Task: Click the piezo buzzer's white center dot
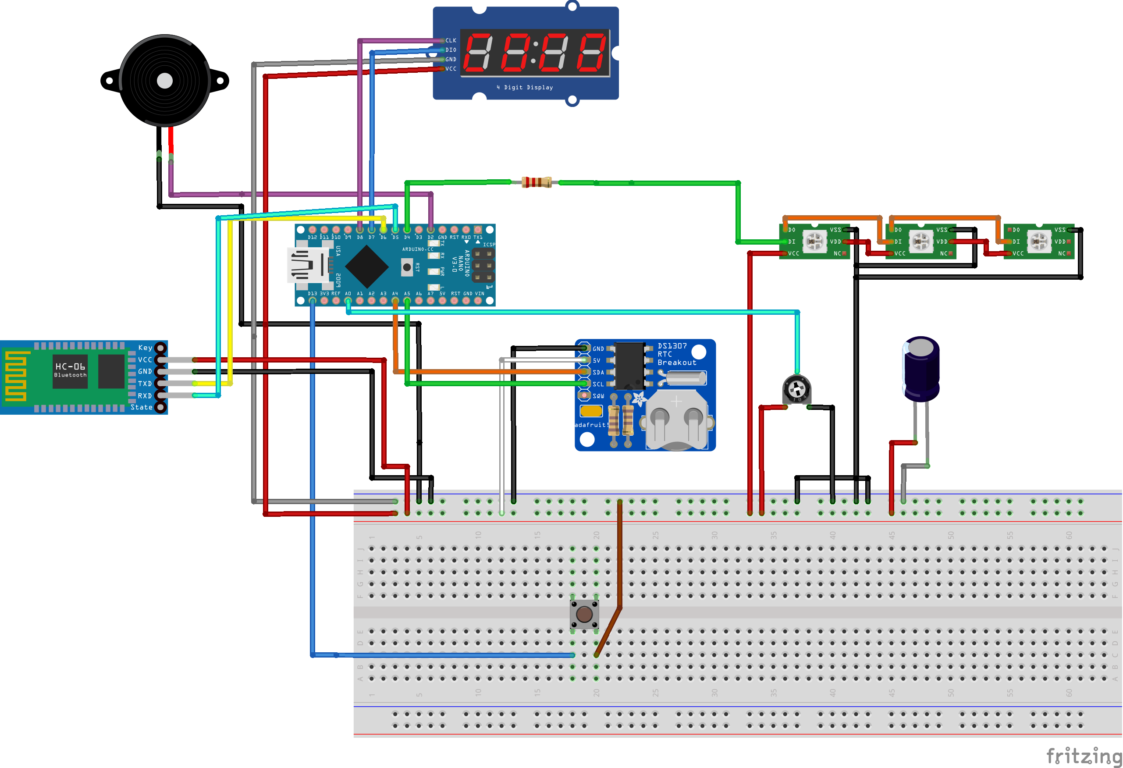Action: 165,81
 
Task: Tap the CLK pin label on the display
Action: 451,41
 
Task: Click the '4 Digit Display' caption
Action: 525,88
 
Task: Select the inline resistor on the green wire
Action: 537,182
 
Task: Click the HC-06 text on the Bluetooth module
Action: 70,366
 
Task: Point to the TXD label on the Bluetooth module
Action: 145,384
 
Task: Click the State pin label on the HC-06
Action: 141,407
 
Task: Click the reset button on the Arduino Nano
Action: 407,267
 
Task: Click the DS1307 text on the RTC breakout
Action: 672,346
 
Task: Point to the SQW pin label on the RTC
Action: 598,396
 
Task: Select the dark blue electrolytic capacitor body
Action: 921,370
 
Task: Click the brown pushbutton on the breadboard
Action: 584,614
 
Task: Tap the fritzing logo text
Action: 1083,756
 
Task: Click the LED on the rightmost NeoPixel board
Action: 1039,241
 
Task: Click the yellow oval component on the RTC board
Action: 591,411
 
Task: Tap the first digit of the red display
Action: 478,52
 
